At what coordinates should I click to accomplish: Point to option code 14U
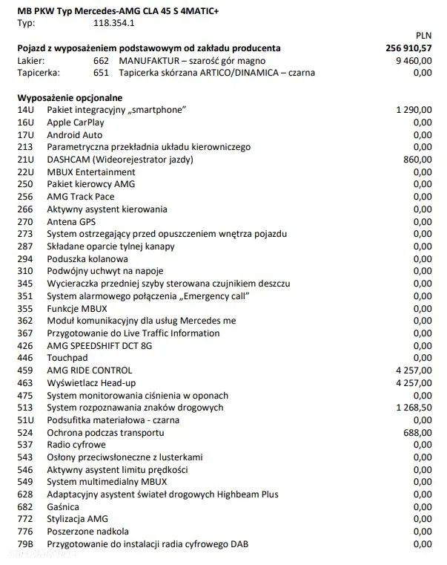coord(25,110)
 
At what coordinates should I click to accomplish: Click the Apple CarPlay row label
coord(76,123)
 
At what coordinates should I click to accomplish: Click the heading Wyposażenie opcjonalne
coord(70,97)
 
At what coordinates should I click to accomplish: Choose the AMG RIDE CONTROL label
coord(89,370)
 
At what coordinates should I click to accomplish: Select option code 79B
coord(25,544)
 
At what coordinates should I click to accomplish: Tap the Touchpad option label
coord(67,358)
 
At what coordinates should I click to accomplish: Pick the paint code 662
coord(102,60)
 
